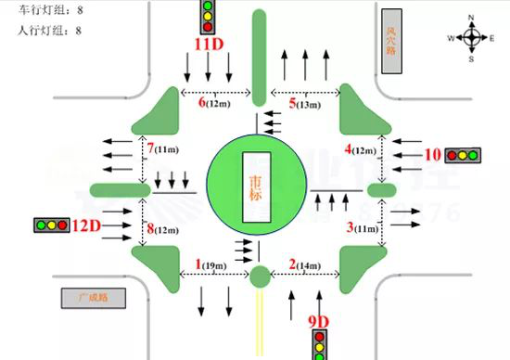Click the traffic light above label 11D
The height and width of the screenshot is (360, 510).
[x=209, y=18]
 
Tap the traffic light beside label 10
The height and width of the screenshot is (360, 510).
[x=462, y=156]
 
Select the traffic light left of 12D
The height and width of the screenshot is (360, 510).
[x=53, y=225]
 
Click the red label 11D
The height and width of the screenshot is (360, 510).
[x=209, y=44]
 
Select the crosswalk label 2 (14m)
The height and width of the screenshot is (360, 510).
[x=303, y=265]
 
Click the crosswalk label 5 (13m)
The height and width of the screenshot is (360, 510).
[x=304, y=103]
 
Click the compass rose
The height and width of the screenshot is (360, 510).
[x=471, y=38]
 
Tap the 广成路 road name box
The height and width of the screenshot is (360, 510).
[x=94, y=298]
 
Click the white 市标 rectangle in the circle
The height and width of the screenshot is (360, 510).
[x=254, y=182]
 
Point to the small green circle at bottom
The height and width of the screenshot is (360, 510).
[x=260, y=276]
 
